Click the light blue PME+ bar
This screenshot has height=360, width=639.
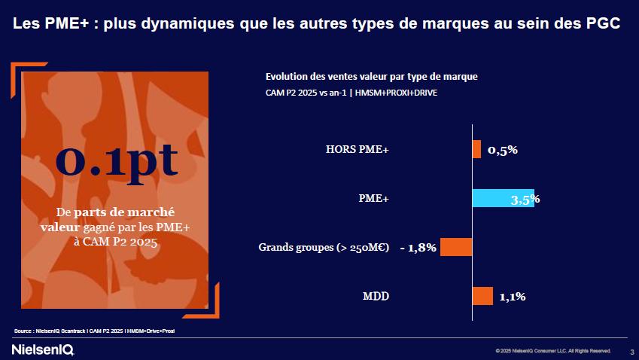pyautogui.click(x=502, y=198)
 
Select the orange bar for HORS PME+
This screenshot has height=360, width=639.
pyautogui.click(x=476, y=149)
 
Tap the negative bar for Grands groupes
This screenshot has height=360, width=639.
pyautogui.click(x=456, y=247)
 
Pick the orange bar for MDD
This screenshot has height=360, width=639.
pyautogui.click(x=482, y=296)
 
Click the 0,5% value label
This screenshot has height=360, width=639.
pyautogui.click(x=503, y=150)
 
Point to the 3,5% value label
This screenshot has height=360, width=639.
pyautogui.click(x=525, y=200)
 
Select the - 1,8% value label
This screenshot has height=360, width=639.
pyautogui.click(x=418, y=248)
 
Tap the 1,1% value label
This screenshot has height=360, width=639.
pyautogui.click(x=512, y=297)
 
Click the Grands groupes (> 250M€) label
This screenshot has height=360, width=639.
pyautogui.click(x=324, y=247)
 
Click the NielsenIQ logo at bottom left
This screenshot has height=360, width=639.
pyautogui.click(x=43, y=350)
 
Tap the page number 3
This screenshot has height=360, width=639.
pyautogui.click(x=631, y=351)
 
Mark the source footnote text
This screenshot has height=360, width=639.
pyautogui.click(x=99, y=331)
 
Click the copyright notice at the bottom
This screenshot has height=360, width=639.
pyautogui.click(x=553, y=351)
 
